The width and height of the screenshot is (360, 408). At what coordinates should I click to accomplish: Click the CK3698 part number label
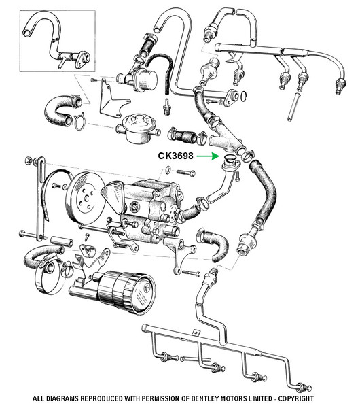pyautogui.click(x=176, y=156)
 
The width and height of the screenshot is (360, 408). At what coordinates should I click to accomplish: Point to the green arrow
pyautogui.click(x=207, y=156)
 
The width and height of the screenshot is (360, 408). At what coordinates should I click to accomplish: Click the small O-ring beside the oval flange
pyautogui.click(x=243, y=96)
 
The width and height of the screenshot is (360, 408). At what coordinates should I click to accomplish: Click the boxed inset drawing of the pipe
pyautogui.click(x=58, y=41)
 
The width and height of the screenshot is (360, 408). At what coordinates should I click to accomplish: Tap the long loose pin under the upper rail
pyautogui.click(x=293, y=107)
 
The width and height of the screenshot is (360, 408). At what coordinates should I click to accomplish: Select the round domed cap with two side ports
pyautogui.click(x=138, y=129)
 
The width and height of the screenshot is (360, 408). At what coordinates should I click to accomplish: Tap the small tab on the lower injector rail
pyautogui.click(x=196, y=333)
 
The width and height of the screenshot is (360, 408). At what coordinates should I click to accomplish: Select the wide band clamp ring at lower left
pyautogui.click(x=50, y=276)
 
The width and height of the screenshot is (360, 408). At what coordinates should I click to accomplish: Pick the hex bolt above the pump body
pyautogui.click(x=185, y=173)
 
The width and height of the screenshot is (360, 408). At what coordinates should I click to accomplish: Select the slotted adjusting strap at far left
pyautogui.click(x=40, y=198)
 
